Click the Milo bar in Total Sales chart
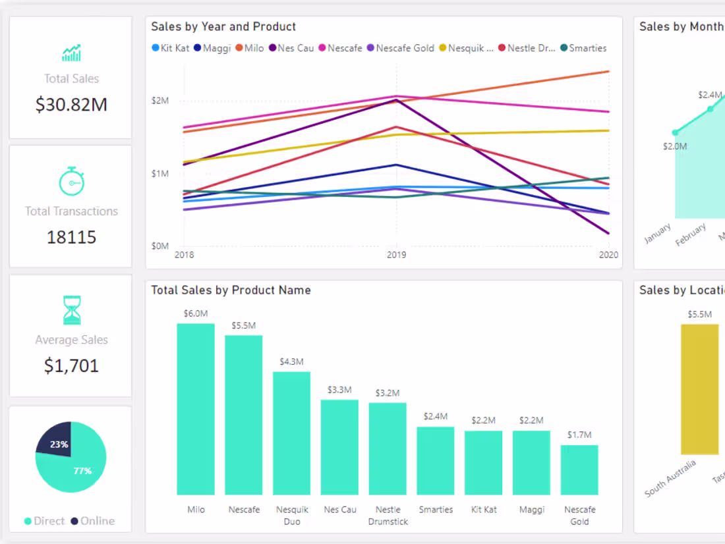(x=196, y=408)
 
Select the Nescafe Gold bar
(x=579, y=470)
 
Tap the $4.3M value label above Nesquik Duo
(x=291, y=362)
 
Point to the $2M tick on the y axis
(x=160, y=101)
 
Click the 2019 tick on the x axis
(x=396, y=255)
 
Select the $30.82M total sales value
(x=71, y=104)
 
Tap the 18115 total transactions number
(x=71, y=237)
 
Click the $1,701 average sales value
(x=71, y=366)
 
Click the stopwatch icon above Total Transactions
(x=71, y=181)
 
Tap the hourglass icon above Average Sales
(x=71, y=310)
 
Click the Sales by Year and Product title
(x=223, y=27)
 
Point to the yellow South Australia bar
(x=699, y=389)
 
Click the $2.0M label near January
(x=675, y=146)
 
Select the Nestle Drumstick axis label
(x=388, y=516)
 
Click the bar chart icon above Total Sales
(x=71, y=53)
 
